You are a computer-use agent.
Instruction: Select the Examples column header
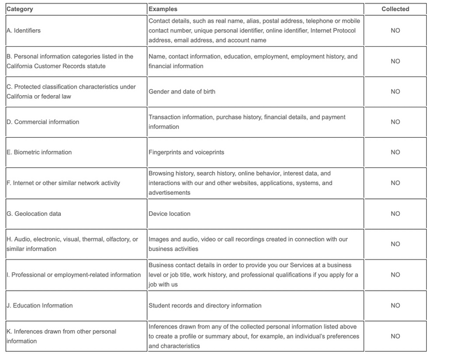click(x=163, y=9)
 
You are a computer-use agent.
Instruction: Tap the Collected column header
click(x=395, y=9)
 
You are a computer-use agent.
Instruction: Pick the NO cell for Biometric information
click(x=395, y=152)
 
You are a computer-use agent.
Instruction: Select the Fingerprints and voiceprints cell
click(x=186, y=152)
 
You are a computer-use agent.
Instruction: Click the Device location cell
click(x=169, y=214)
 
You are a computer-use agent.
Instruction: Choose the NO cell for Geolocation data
click(x=395, y=214)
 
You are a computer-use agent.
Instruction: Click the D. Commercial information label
click(x=43, y=122)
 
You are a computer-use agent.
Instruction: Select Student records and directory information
click(x=205, y=305)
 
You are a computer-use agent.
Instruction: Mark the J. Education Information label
click(x=39, y=305)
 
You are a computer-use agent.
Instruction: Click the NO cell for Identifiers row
click(x=395, y=30)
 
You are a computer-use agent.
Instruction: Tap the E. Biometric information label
click(x=39, y=152)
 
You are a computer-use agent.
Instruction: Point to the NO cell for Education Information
click(x=395, y=305)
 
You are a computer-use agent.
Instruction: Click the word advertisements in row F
click(x=169, y=193)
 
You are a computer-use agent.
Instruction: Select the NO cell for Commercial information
click(x=395, y=122)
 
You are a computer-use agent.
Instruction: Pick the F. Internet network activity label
click(x=63, y=183)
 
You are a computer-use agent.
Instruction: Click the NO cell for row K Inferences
click(x=395, y=336)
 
